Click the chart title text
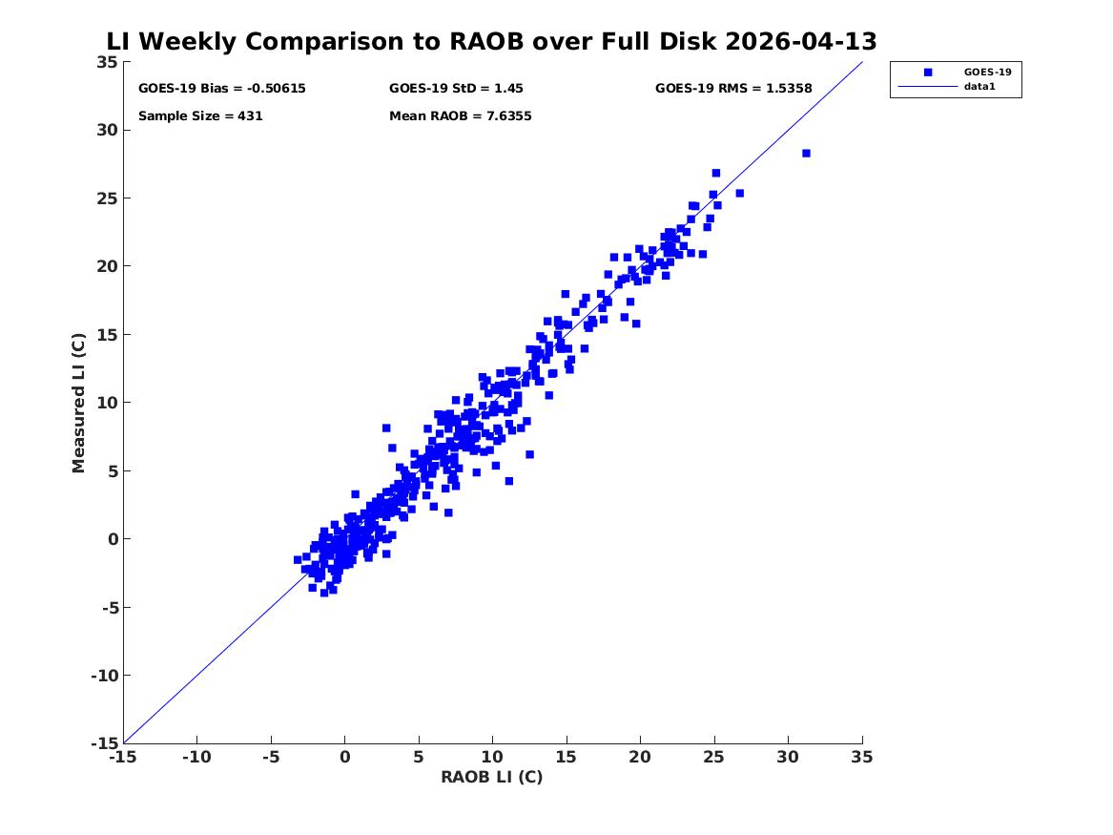pyautogui.click(x=491, y=41)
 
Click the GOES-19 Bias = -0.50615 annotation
pyautogui.click(x=222, y=88)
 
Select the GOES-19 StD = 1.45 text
pyautogui.click(x=456, y=88)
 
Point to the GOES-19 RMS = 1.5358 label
pyautogui.click(x=733, y=88)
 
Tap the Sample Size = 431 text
pyautogui.click(x=200, y=115)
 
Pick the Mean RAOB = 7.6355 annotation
pyautogui.click(x=460, y=115)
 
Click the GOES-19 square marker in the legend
pyautogui.click(x=928, y=72)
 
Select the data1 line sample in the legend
pyautogui.click(x=928, y=87)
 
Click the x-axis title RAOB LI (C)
pyautogui.click(x=492, y=777)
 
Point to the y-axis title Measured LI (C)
pyautogui.click(x=78, y=403)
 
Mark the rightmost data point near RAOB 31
pyautogui.click(x=806, y=154)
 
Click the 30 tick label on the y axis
pyautogui.click(x=108, y=130)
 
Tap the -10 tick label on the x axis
pyautogui.click(x=196, y=757)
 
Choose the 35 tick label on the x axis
pyautogui.click(x=862, y=757)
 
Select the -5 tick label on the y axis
pyautogui.click(x=110, y=607)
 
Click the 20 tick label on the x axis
pyautogui.click(x=640, y=757)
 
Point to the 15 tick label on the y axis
pyautogui.click(x=108, y=334)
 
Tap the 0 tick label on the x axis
pyautogui.click(x=345, y=757)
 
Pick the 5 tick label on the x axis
pyautogui.click(x=419, y=757)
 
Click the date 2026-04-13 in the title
pyautogui.click(x=801, y=41)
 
